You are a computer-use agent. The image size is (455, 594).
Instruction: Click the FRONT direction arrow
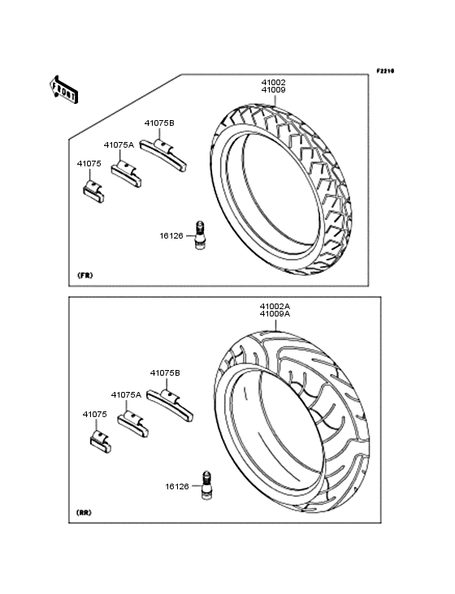point(63,89)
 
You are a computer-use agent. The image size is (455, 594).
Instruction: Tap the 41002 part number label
point(273,82)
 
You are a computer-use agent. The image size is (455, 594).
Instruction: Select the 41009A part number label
point(275,314)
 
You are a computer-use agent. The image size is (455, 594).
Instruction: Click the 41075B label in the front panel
point(159,123)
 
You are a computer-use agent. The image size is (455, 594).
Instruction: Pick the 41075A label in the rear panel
point(126,394)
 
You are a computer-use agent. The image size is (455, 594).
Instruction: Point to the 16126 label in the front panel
point(171,235)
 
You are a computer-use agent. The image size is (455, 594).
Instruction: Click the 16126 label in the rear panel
point(177,486)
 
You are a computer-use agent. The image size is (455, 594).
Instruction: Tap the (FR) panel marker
point(85,275)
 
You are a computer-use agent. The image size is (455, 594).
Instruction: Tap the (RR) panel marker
point(84,513)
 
